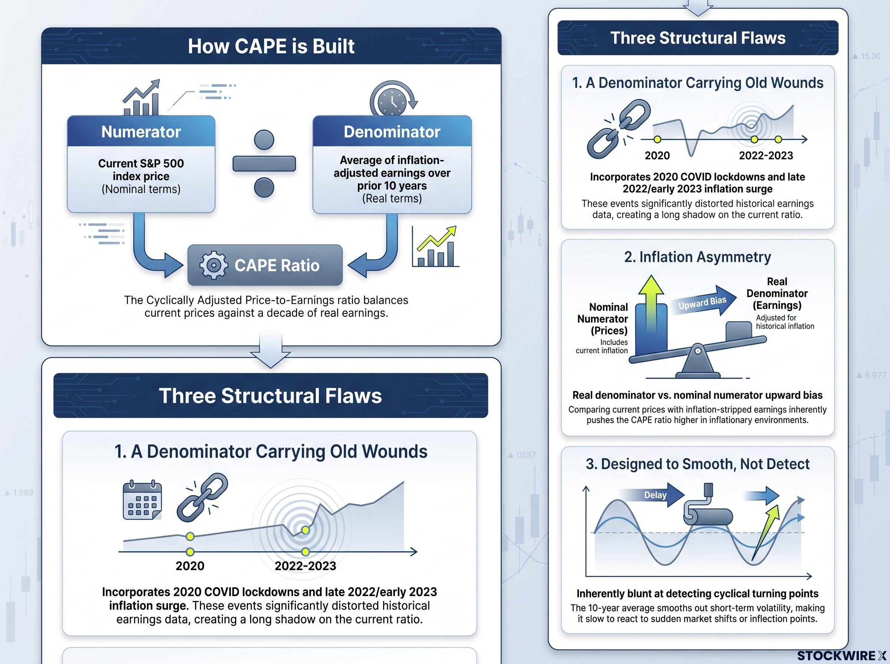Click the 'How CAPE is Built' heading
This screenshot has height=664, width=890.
[x=271, y=46]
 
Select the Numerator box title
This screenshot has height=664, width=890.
[x=141, y=132]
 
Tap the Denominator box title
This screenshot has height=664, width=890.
[x=392, y=132]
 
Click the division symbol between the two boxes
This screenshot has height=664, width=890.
[x=264, y=163]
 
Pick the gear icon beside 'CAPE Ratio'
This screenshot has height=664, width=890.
[x=214, y=265]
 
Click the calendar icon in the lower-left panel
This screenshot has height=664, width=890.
[x=142, y=500]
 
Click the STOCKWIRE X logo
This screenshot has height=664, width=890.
[x=841, y=655]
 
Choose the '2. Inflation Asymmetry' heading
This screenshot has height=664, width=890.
[x=698, y=257]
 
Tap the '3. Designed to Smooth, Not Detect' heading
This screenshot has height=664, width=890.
[x=698, y=464]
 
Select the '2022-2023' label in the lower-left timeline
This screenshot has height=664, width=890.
[x=305, y=566]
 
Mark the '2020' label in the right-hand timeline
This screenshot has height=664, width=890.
[x=657, y=156]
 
